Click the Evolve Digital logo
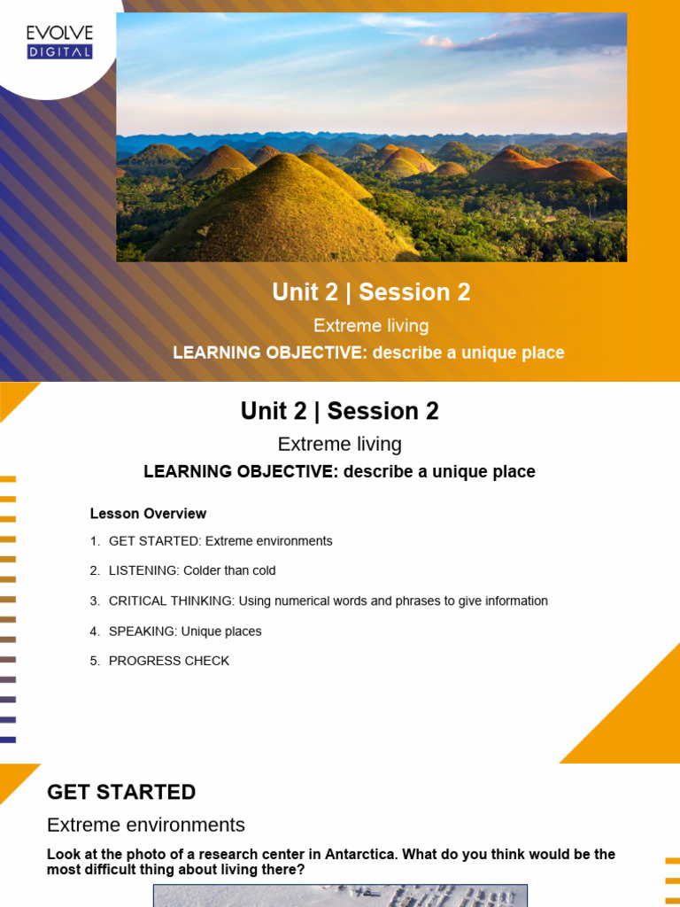(59, 42)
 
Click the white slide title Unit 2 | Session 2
(371, 292)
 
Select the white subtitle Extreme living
(371, 325)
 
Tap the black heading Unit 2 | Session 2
(339, 411)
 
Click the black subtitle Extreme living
(339, 444)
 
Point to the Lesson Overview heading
(148, 514)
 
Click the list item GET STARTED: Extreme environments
(220, 541)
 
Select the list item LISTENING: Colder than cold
(191, 571)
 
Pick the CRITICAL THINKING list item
(328, 601)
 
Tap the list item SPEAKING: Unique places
(184, 632)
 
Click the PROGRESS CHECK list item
(168, 661)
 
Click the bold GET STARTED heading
(121, 792)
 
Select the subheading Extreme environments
(146, 825)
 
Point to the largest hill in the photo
(283, 213)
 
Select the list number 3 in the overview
(94, 601)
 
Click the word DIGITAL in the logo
(59, 52)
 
